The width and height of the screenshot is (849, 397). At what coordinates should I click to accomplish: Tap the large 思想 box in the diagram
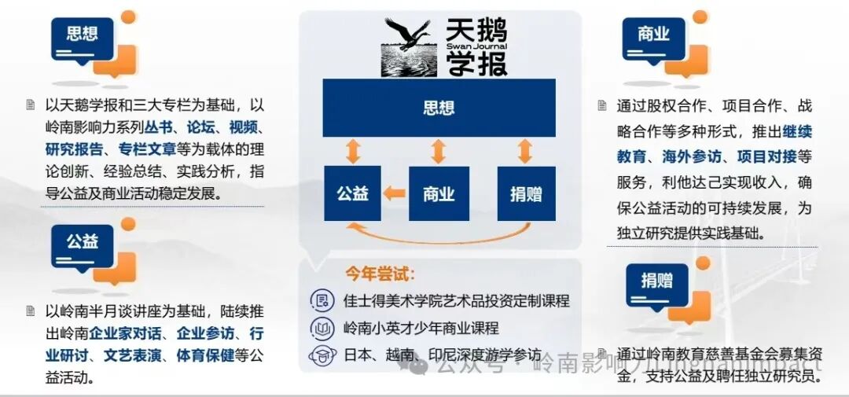(x=439, y=108)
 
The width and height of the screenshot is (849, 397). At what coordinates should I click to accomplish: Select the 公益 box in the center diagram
(x=352, y=193)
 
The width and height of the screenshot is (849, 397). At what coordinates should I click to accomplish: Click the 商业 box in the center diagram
(x=439, y=193)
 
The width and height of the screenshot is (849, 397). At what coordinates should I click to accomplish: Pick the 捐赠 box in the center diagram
(x=526, y=193)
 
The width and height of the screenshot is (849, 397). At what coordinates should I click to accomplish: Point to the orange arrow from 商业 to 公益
(x=395, y=193)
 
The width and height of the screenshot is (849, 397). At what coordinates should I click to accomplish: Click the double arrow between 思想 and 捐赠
(x=525, y=152)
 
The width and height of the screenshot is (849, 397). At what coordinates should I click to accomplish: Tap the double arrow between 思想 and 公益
(x=353, y=152)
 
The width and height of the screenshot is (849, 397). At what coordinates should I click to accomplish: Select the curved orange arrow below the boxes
(x=439, y=233)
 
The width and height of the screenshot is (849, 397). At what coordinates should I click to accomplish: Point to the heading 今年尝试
(x=380, y=274)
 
